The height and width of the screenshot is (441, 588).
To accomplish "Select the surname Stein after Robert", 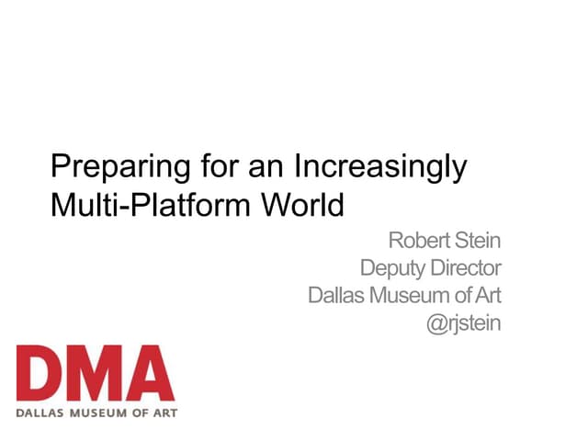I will [x=478, y=243].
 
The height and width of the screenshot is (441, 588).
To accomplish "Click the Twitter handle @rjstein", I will [x=464, y=323].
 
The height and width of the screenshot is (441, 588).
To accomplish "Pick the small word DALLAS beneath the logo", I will [x=40, y=412].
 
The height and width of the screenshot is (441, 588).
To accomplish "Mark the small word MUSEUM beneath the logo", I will [x=98, y=412].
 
